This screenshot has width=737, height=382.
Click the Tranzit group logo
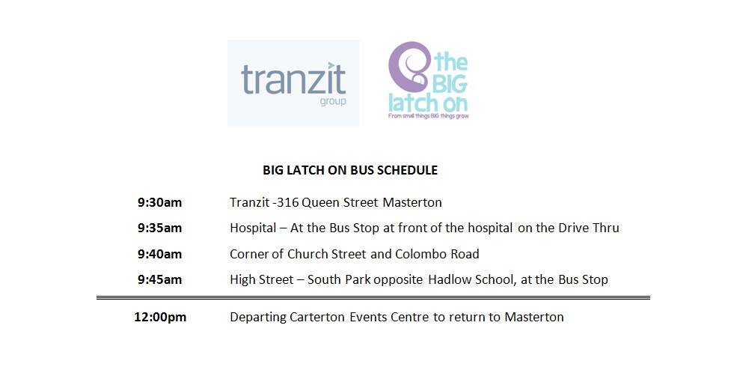[293, 83]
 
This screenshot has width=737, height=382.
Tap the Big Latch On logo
[427, 81]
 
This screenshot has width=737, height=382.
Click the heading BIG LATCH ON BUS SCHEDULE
[350, 170]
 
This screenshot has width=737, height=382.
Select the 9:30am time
[159, 202]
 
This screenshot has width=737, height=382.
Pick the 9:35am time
[159, 228]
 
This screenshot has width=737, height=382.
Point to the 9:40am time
[159, 254]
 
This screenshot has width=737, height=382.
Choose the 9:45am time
[159, 279]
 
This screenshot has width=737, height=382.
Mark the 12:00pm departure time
[160, 317]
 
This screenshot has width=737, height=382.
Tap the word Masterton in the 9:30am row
[412, 202]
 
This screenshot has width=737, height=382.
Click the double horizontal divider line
[373, 298]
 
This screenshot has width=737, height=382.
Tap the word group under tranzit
[331, 101]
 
